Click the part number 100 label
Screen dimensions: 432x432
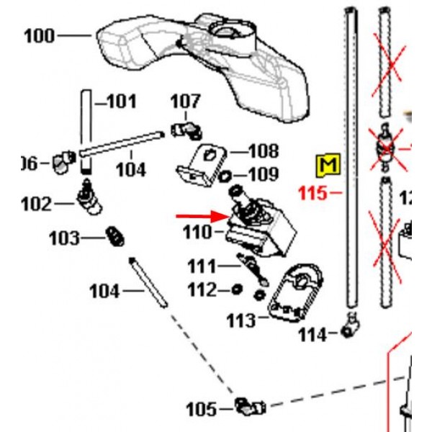point(39,35)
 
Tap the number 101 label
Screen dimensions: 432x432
point(120,102)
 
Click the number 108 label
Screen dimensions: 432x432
point(263,151)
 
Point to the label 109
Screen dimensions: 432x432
point(263,174)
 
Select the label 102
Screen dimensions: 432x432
point(37,204)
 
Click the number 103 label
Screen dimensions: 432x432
point(66,237)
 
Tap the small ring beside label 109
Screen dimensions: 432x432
point(225,175)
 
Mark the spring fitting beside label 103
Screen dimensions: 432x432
point(113,235)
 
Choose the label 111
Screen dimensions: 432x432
point(202,267)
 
